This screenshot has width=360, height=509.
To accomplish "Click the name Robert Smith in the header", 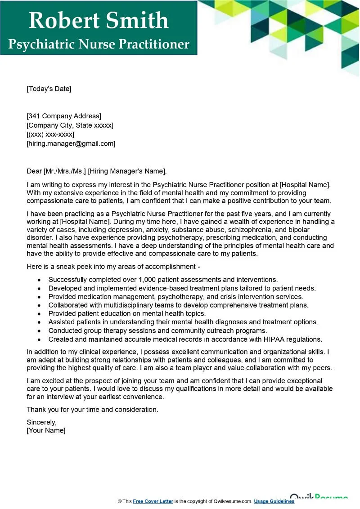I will pos(99,20).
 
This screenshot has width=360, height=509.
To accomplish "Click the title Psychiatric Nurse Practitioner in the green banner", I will pos(99,44).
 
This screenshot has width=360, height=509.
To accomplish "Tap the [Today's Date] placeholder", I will pos(49,89).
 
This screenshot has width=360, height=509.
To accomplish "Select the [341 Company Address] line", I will pos(64,116).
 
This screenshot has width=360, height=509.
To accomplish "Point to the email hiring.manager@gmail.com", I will pos(71,143).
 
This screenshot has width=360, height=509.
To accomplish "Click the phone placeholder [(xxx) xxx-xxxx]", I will pos(50,134).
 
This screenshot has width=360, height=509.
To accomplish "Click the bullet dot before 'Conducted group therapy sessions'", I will pos(40,331).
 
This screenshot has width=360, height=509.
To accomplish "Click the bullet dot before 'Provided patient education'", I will pos(40,314).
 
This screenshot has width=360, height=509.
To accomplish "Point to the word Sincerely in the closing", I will pos(41,422).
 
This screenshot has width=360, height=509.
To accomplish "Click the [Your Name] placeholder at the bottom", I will pos(46,430).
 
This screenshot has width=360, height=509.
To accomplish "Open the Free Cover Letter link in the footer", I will pos(153,501).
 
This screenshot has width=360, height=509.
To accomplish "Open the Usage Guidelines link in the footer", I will pos(274,501).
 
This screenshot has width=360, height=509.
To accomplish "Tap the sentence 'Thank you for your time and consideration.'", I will pos(93,410).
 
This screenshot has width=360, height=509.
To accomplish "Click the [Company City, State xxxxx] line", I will pos(70,125).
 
